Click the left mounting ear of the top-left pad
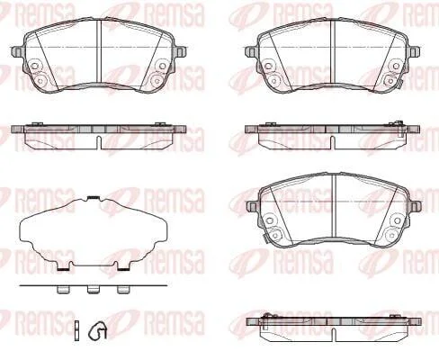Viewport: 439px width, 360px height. click(17, 51)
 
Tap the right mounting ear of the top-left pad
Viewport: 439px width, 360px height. click(181, 51)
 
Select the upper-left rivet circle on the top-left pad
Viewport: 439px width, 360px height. click(35, 66)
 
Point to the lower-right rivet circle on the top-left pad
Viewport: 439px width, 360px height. click(157, 80)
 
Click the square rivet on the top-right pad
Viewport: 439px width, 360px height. click(390, 80)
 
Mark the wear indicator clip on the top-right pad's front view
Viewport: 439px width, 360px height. click(399, 84)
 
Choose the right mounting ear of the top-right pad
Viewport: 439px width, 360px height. click(414, 51)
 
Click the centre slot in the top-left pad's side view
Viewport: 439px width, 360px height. click(99, 142)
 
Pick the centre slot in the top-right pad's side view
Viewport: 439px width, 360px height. click(333, 142)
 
